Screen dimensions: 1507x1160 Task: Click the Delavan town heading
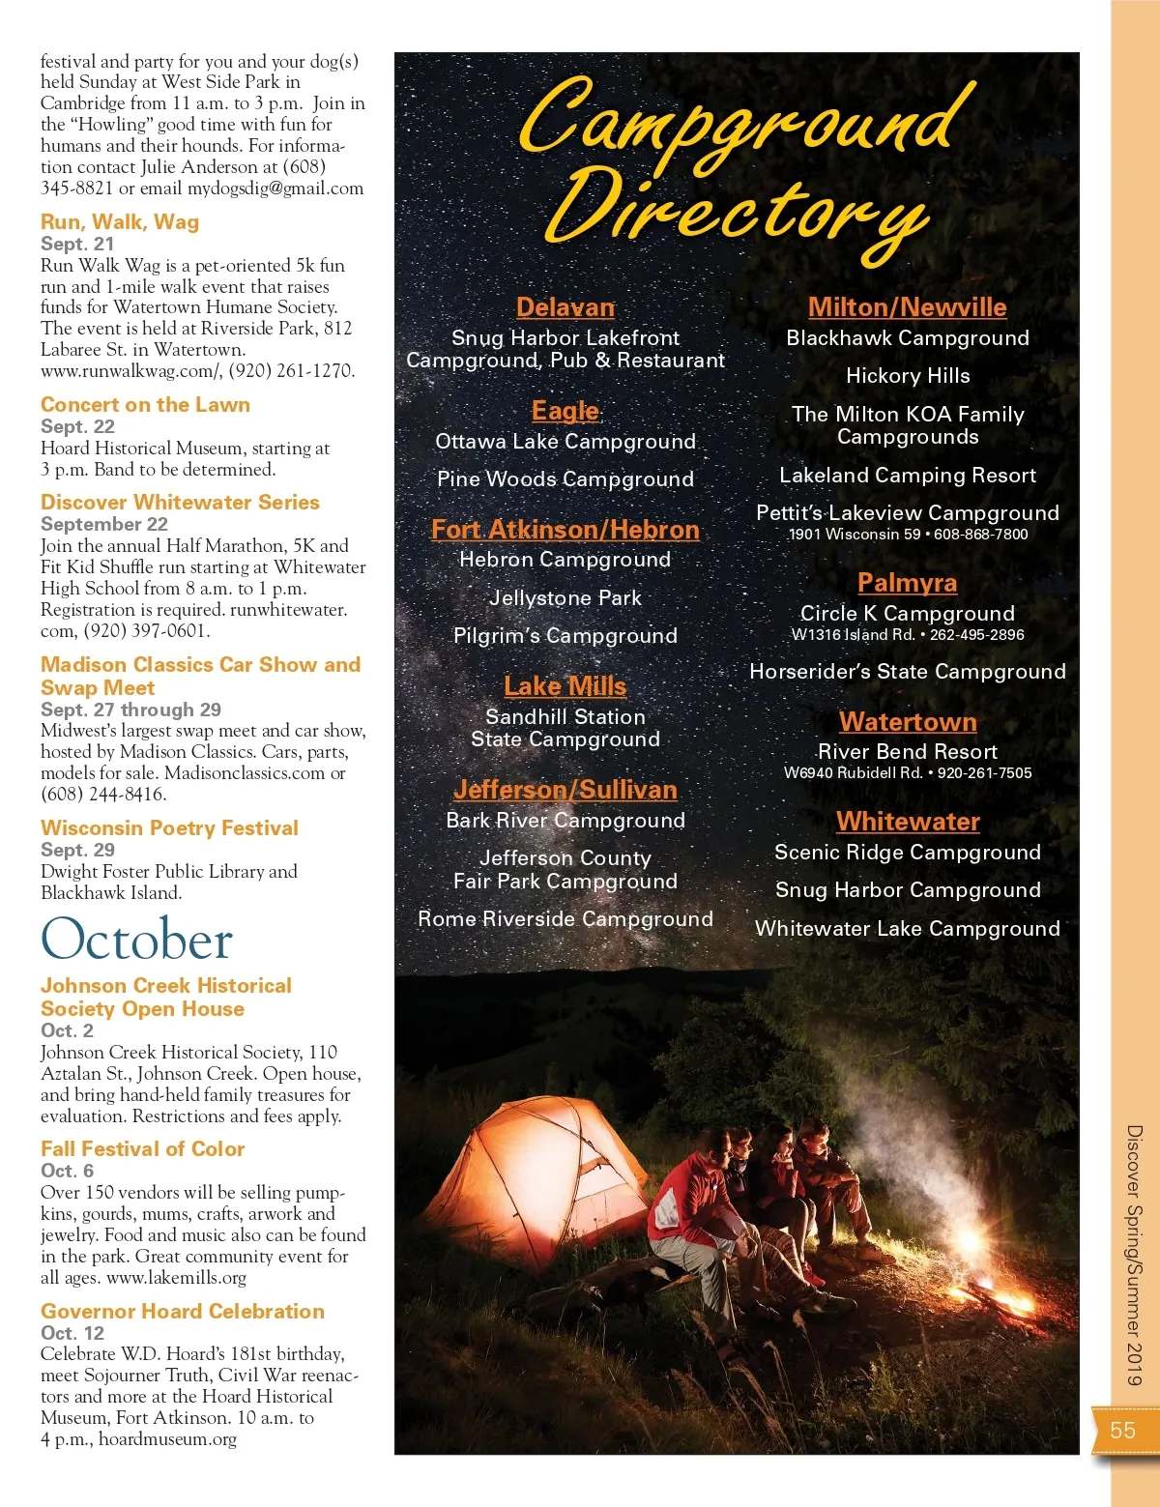[565, 307]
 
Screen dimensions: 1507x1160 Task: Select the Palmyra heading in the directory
[907, 583]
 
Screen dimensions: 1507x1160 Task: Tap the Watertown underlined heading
[908, 722]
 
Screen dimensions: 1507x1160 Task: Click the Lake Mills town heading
[565, 686]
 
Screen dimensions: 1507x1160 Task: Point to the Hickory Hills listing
[908, 376]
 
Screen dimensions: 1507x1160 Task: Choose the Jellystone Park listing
[565, 598]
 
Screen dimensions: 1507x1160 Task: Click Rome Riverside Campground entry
[565, 919]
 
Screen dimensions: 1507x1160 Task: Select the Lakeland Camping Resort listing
[908, 476]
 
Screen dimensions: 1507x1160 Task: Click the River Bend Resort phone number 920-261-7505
[984, 773]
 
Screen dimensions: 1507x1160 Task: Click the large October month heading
[136, 940]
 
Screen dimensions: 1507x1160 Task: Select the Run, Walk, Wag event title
[120, 222]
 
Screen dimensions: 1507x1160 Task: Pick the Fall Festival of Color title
[142, 1149]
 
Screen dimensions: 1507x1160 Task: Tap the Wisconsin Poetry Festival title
[169, 828]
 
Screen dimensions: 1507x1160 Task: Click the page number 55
[1122, 1431]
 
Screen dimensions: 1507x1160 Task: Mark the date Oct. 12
[72, 1333]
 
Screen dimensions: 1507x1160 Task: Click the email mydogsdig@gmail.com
[275, 188]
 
